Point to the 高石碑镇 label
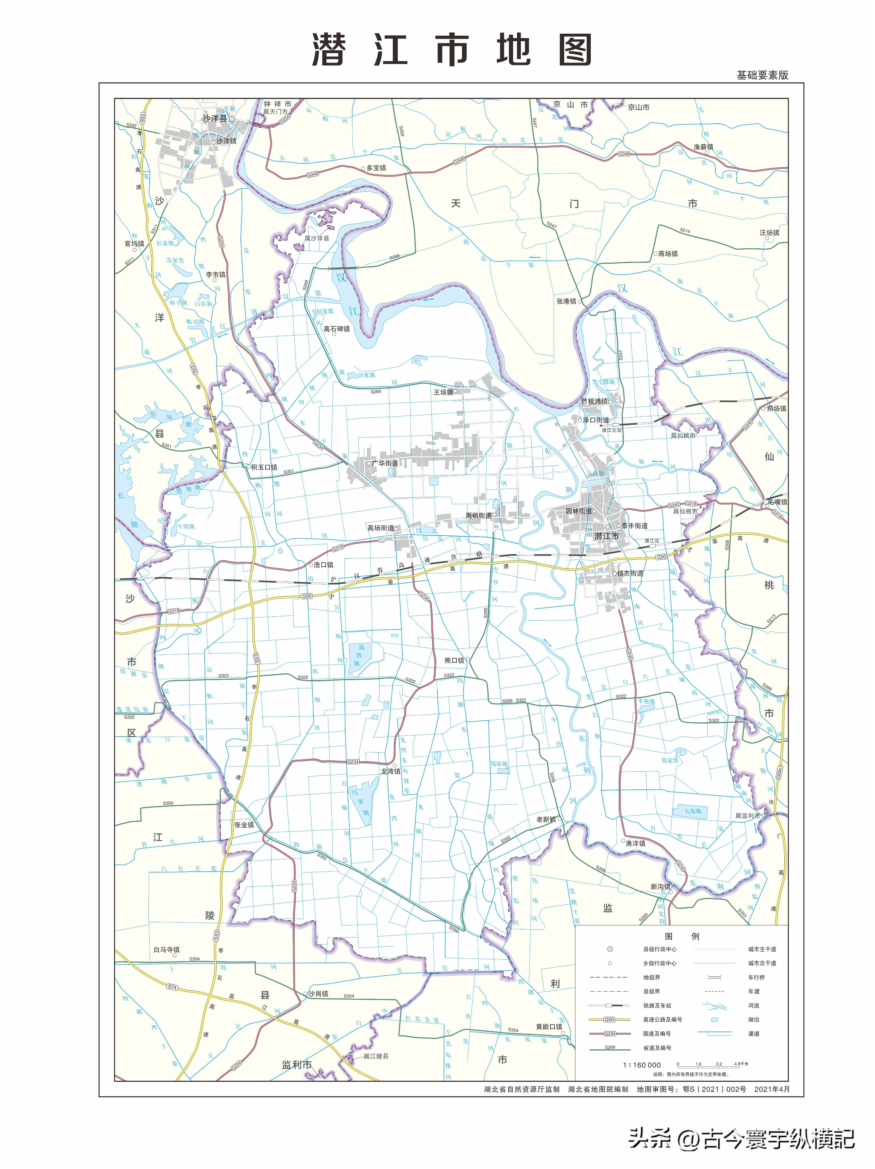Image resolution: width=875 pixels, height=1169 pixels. point(336,329)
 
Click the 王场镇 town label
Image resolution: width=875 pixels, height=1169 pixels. point(443,392)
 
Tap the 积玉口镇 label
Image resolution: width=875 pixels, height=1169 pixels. point(264,467)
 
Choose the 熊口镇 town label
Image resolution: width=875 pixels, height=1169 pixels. point(454,660)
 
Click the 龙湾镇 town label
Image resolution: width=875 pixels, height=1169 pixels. point(390,771)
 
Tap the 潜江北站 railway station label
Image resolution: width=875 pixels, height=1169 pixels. point(611,430)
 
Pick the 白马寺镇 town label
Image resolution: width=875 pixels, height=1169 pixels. point(167,950)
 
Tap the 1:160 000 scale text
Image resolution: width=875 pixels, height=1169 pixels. point(641,1065)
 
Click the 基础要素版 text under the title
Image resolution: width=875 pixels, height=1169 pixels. point(762,75)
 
